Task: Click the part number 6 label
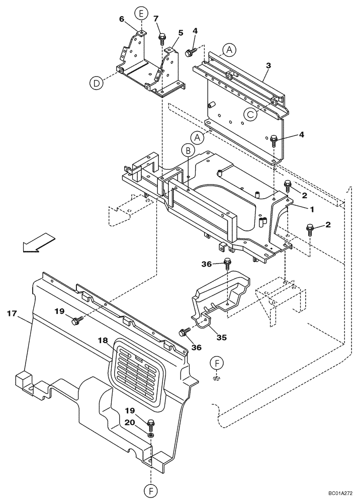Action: point(122,19)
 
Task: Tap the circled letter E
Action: point(141,13)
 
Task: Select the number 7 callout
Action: point(156,19)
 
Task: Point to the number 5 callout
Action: point(181,33)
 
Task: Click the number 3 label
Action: point(268,66)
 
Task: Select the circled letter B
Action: point(187,150)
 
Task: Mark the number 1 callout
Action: point(312,208)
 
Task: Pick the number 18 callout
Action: point(103,341)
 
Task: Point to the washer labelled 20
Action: point(151,434)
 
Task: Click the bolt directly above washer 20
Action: point(151,424)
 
